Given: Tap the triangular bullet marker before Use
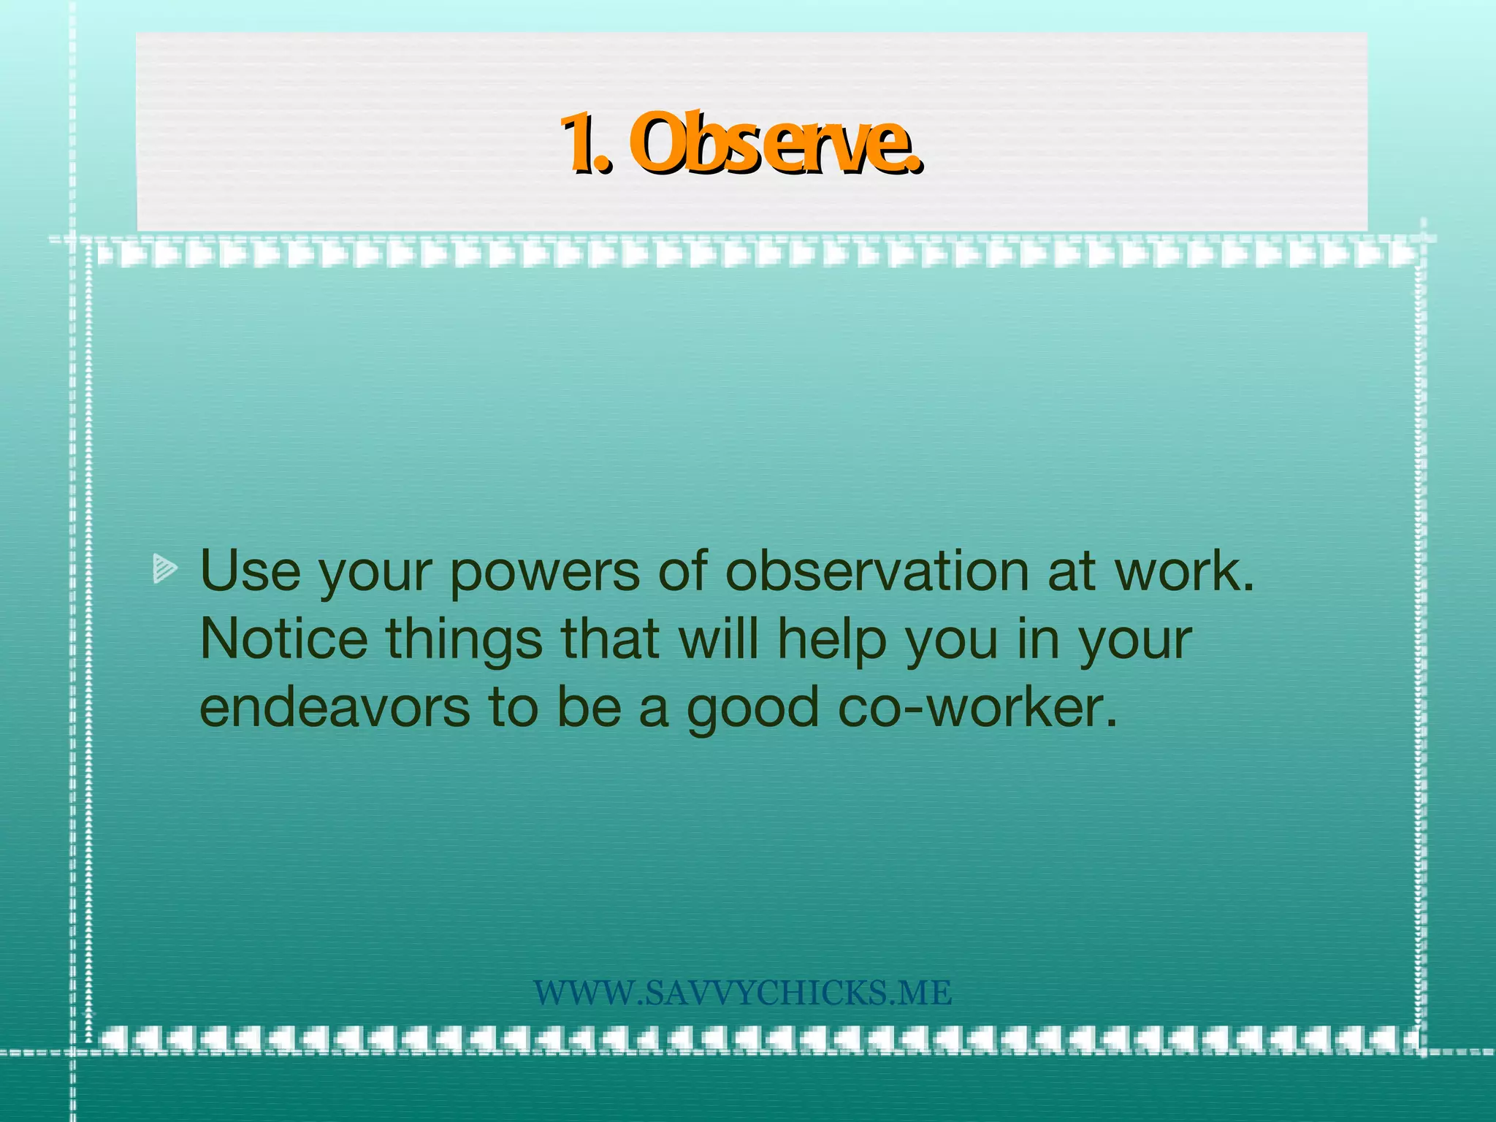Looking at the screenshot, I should (165, 569).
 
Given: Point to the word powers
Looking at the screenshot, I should (544, 572).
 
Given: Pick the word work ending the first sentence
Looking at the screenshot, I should (1183, 570).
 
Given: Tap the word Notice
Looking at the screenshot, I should (283, 639).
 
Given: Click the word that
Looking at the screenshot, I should (611, 639).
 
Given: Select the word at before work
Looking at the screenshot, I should (1071, 572).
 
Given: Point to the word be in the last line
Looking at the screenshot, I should (589, 708).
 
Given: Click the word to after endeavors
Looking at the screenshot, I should (513, 708).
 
